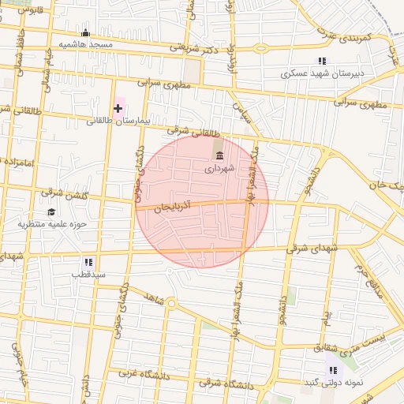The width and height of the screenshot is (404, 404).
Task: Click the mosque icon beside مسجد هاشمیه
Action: click(x=86, y=33)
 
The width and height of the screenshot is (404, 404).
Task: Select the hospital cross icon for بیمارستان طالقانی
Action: click(x=118, y=107)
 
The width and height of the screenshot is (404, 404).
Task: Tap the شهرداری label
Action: click(x=219, y=168)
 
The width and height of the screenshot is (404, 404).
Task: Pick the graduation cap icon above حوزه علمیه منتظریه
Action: click(x=51, y=211)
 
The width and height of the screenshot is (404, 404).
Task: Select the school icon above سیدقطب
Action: click(x=88, y=261)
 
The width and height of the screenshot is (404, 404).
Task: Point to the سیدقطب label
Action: click(x=88, y=275)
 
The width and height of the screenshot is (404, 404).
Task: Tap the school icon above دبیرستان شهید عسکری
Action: click(x=321, y=61)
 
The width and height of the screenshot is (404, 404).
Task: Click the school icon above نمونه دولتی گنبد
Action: click(x=333, y=369)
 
